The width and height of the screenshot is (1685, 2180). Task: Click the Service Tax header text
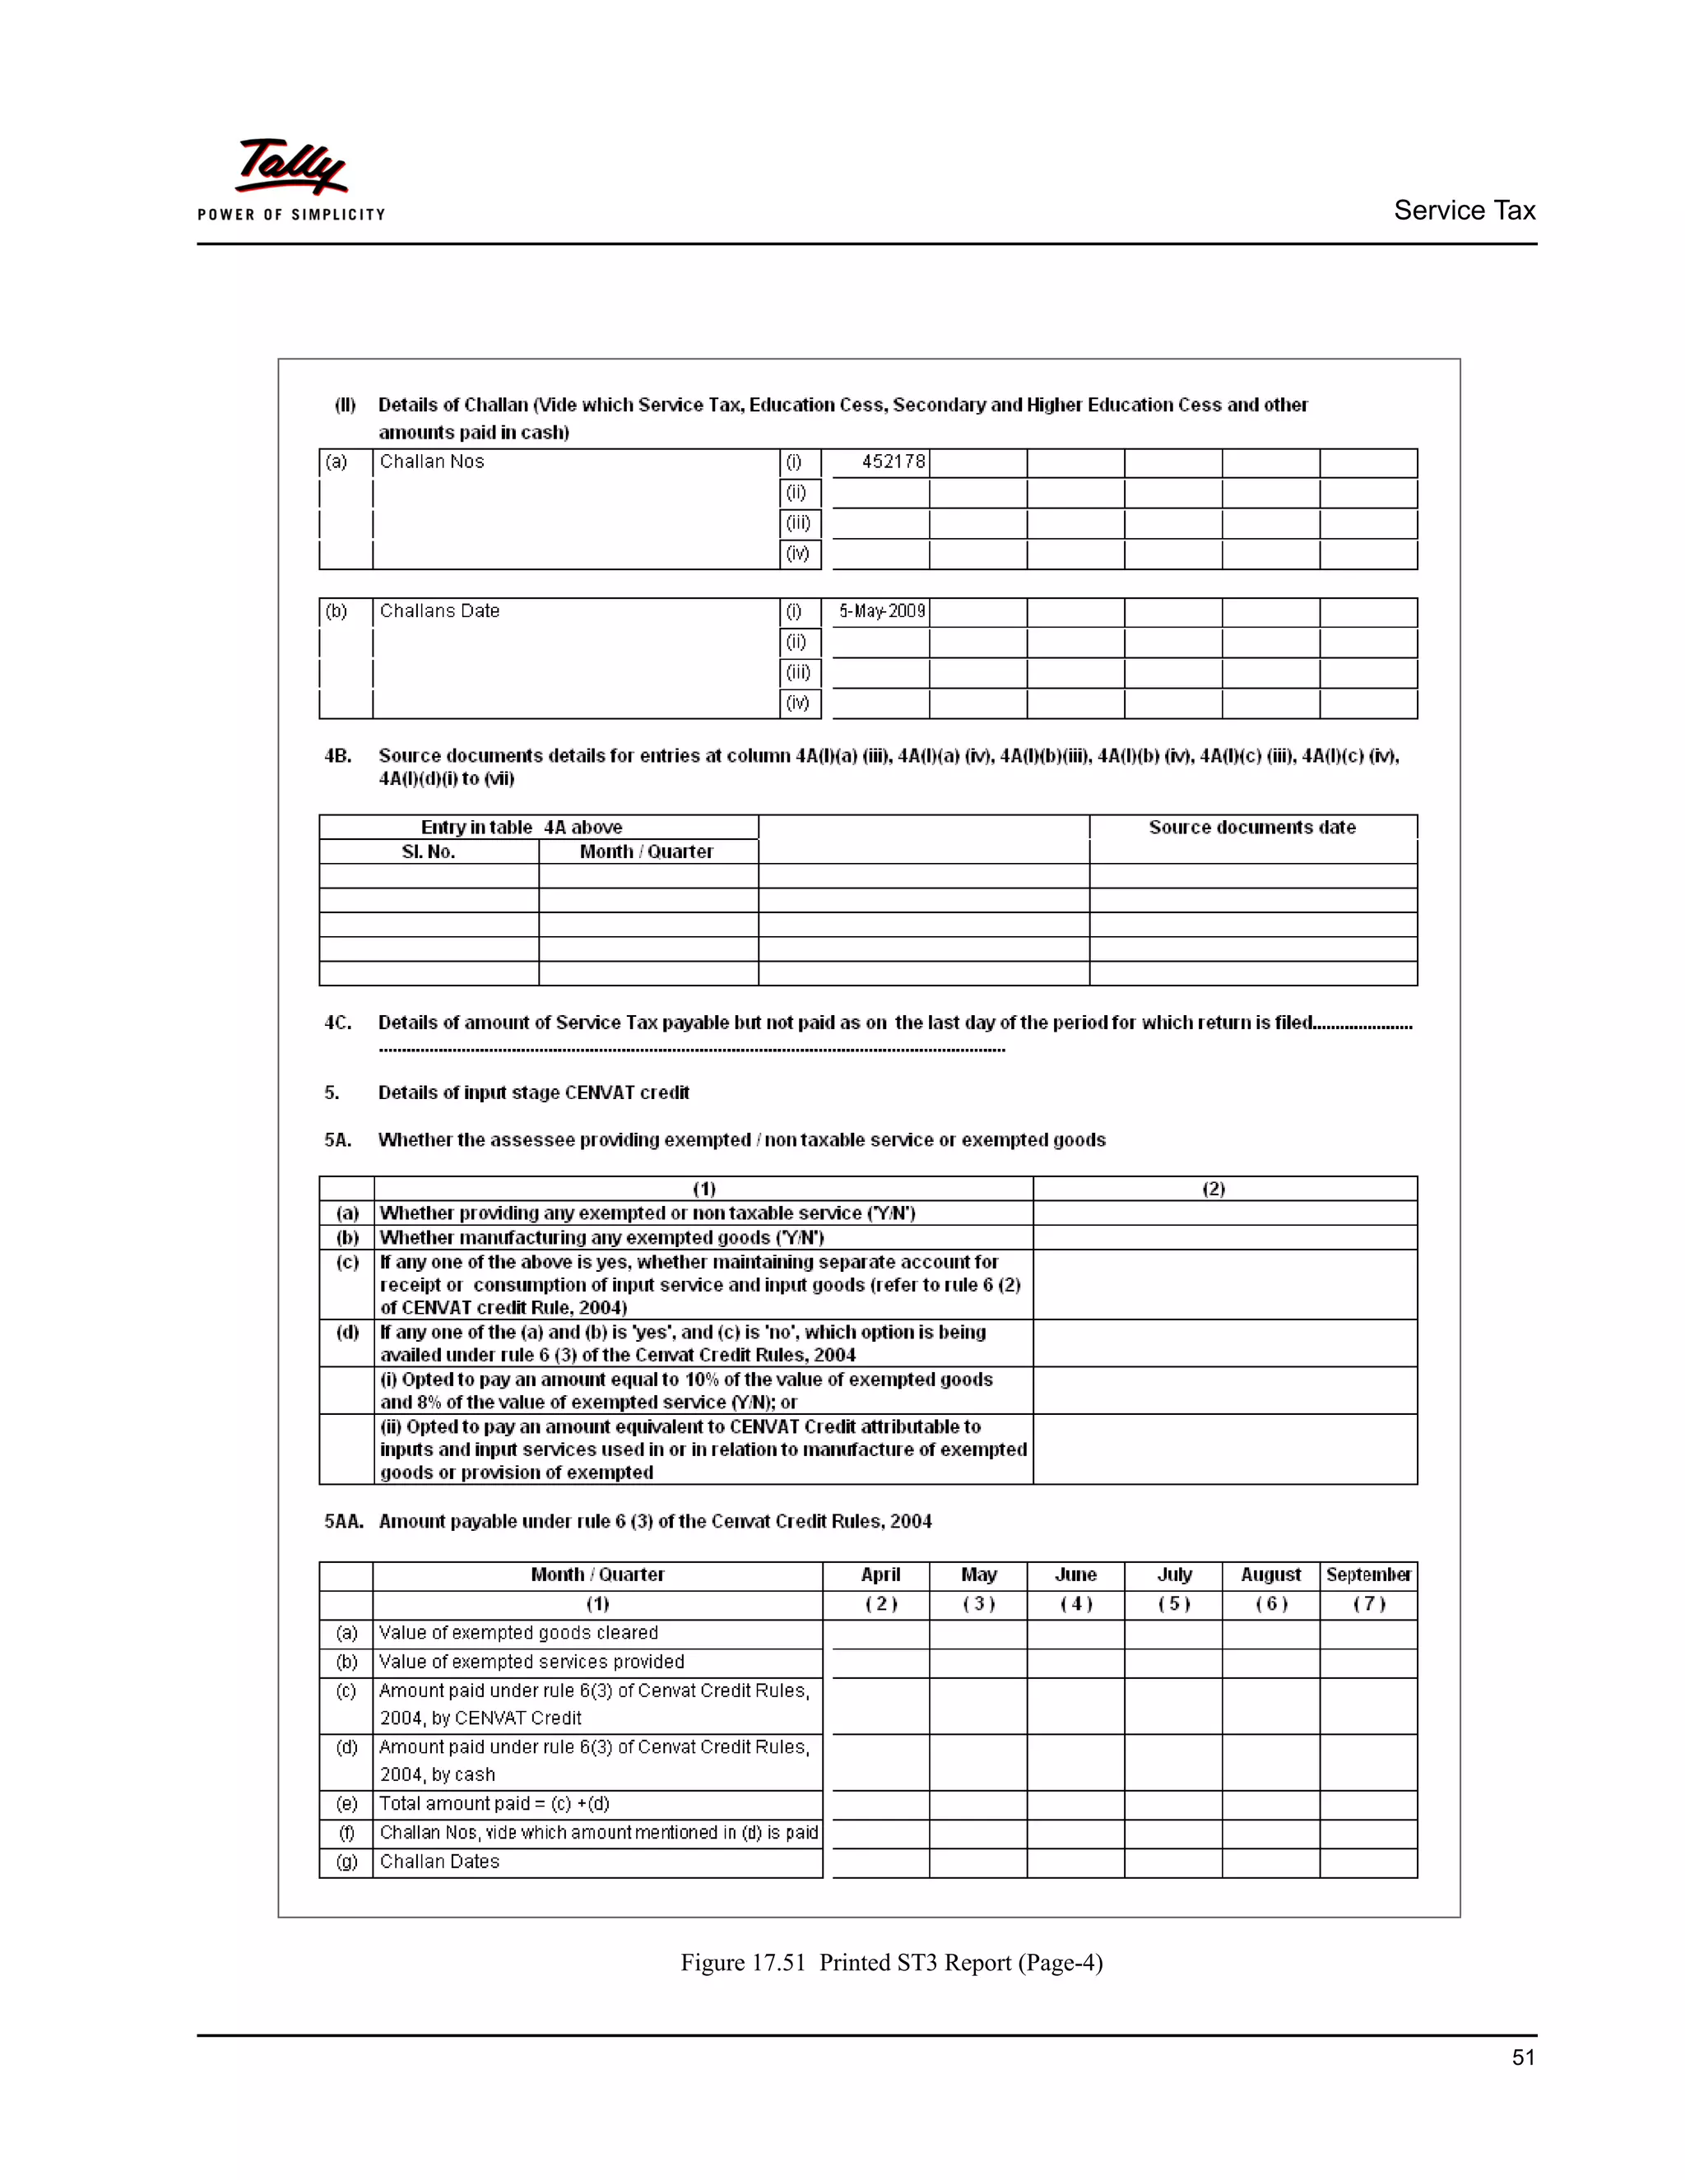click(1464, 211)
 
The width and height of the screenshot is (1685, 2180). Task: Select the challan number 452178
click(893, 462)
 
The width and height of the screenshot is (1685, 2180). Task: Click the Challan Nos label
click(431, 462)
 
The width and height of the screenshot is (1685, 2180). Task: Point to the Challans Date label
click(439, 611)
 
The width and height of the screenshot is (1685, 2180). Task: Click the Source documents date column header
click(1251, 828)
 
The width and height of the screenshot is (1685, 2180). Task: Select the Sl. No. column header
click(428, 851)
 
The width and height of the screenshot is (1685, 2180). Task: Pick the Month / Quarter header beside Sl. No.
click(646, 851)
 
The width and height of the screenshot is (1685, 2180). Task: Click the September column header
click(1367, 1575)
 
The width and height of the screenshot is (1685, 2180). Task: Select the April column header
click(880, 1575)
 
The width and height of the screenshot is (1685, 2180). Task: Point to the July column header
click(1174, 1575)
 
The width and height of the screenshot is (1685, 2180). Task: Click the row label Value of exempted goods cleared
click(518, 1633)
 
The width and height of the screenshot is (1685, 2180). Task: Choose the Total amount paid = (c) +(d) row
click(494, 1804)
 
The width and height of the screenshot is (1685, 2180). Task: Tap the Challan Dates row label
click(439, 1862)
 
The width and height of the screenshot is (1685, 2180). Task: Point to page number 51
click(1523, 2057)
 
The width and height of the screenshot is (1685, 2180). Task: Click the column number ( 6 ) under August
click(1270, 1604)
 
